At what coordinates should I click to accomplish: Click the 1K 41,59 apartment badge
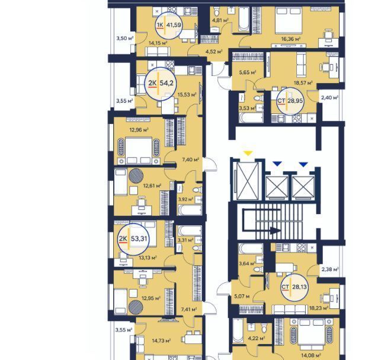click(169, 25)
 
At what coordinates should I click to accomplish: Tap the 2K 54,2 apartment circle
click(160, 84)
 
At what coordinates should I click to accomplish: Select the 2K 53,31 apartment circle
click(133, 239)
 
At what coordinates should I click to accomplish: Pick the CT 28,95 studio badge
click(290, 101)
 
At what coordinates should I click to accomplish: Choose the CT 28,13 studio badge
click(294, 287)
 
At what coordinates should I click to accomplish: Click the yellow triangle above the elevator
click(248, 154)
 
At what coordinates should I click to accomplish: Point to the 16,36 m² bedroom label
click(291, 39)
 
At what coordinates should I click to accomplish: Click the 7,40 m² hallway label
click(190, 160)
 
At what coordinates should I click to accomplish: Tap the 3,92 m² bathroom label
click(186, 199)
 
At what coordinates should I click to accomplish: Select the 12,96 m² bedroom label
click(139, 130)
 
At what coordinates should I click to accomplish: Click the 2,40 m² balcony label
click(329, 98)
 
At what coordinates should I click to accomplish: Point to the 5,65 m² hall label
click(248, 72)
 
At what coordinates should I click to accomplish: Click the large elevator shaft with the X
click(248, 181)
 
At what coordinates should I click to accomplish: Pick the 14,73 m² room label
click(161, 340)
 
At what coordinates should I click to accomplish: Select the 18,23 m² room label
click(319, 308)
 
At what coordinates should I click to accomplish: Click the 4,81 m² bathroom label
click(220, 21)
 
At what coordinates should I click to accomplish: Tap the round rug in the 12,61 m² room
click(136, 176)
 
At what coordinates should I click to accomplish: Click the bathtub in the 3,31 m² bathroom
click(190, 231)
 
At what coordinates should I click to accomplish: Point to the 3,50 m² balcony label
click(125, 38)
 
